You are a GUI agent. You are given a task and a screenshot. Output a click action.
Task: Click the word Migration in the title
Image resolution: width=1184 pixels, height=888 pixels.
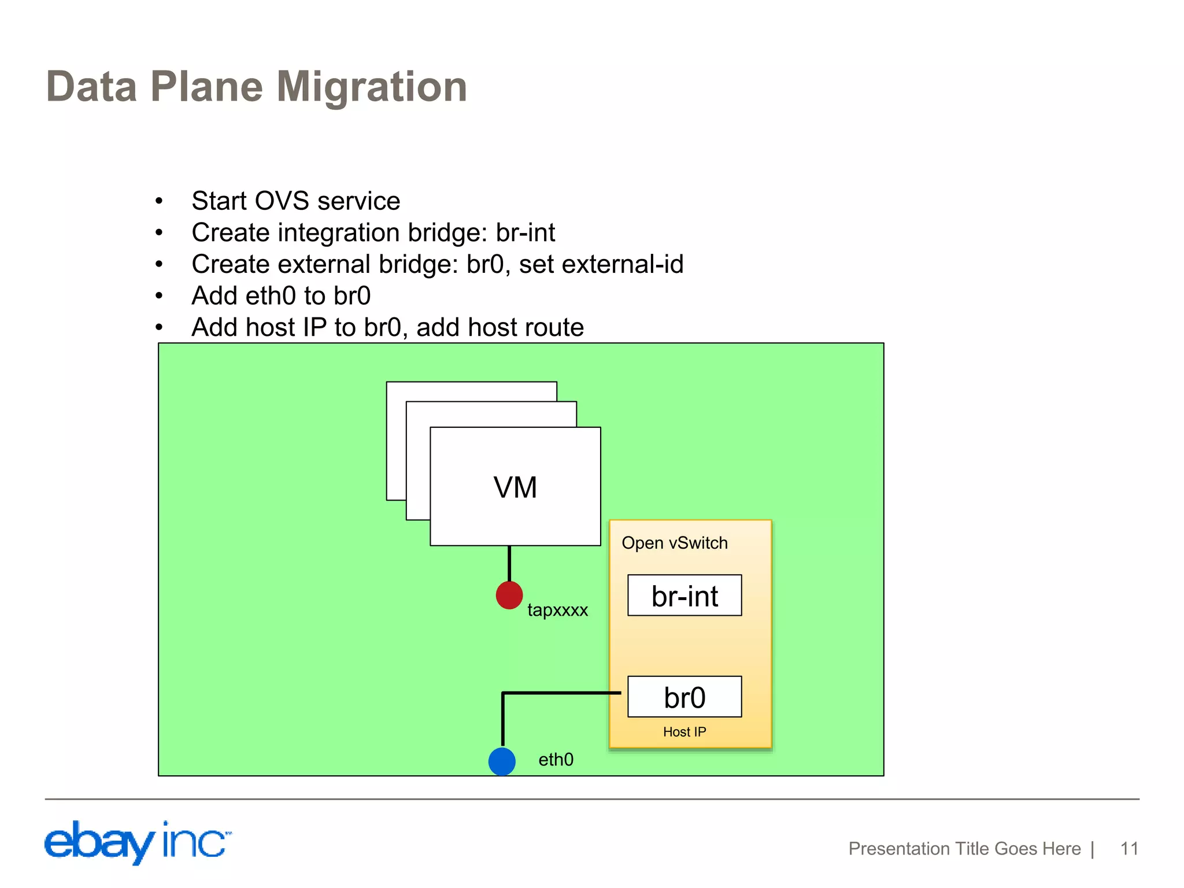372,87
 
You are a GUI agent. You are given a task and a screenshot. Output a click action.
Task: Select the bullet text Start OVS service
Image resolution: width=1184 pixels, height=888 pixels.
295,201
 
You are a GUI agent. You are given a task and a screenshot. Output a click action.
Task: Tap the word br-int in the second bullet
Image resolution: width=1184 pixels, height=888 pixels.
525,233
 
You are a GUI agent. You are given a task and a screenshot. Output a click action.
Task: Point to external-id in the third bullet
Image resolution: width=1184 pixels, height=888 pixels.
622,264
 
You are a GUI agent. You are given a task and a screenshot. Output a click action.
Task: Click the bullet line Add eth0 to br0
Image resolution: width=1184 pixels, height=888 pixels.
281,296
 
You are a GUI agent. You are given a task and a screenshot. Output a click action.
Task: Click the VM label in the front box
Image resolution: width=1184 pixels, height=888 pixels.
515,487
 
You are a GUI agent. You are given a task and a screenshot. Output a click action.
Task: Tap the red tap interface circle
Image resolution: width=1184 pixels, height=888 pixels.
509,595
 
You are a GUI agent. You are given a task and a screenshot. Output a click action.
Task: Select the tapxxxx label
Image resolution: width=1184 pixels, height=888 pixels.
557,610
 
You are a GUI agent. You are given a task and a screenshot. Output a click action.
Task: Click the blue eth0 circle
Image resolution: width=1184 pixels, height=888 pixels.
502,761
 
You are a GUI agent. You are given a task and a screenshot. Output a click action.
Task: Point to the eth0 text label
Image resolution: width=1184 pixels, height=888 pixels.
556,760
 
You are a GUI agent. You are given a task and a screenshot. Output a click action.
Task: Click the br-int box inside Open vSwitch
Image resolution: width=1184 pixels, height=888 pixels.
684,595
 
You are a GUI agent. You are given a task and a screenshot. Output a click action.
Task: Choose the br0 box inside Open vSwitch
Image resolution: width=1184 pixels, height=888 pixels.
684,697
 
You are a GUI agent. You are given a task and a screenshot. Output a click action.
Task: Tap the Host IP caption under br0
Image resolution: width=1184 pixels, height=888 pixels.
684,732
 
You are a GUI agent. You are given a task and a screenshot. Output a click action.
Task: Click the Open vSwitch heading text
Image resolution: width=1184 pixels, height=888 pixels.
674,543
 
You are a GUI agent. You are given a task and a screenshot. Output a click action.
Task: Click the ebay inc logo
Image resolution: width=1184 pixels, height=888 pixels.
137,842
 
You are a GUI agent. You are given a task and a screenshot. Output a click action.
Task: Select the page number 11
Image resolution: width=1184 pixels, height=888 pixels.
1129,849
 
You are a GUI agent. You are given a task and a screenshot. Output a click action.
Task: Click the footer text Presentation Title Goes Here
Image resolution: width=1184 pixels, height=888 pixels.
964,849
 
